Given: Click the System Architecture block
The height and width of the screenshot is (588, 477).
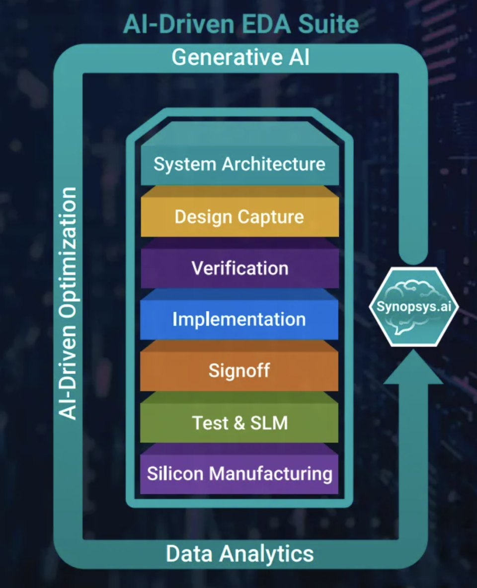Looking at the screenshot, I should coord(239,164).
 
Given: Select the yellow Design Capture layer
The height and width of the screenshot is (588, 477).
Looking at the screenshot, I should coord(239,217).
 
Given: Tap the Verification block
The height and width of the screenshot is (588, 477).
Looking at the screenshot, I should coord(239,268).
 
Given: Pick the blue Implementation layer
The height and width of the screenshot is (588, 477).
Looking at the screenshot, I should coord(239,319).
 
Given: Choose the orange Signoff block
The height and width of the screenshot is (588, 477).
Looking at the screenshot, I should coord(239,370).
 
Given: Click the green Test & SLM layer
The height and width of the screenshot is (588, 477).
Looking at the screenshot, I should coord(239,423).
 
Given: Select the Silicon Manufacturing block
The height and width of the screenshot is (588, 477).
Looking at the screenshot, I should coord(239,473).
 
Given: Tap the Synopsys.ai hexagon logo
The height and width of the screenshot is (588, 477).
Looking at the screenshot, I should coord(413,306).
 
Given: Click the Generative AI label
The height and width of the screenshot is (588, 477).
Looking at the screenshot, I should coord(240,58).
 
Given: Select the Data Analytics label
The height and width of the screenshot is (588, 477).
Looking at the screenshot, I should coord(239,553).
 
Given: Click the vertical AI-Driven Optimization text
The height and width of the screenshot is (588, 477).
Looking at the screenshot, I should coord(68,303).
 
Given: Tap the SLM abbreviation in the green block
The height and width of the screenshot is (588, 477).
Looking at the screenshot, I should coord(268,423).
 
